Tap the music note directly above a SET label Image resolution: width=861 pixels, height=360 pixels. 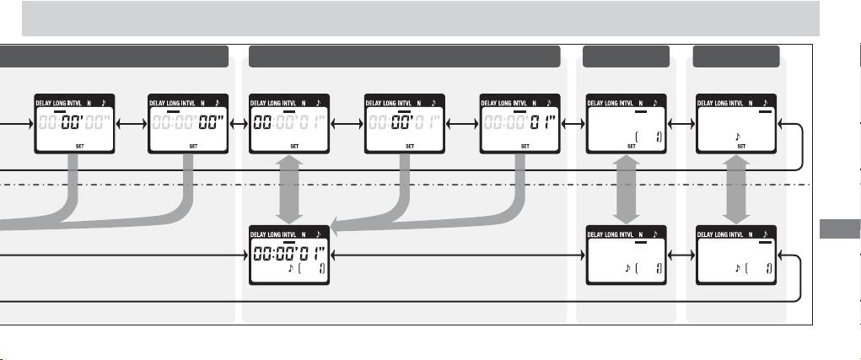point(738,135)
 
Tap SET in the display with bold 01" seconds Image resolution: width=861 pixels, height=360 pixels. point(525,146)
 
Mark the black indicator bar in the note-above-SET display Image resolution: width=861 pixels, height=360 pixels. point(764,110)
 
